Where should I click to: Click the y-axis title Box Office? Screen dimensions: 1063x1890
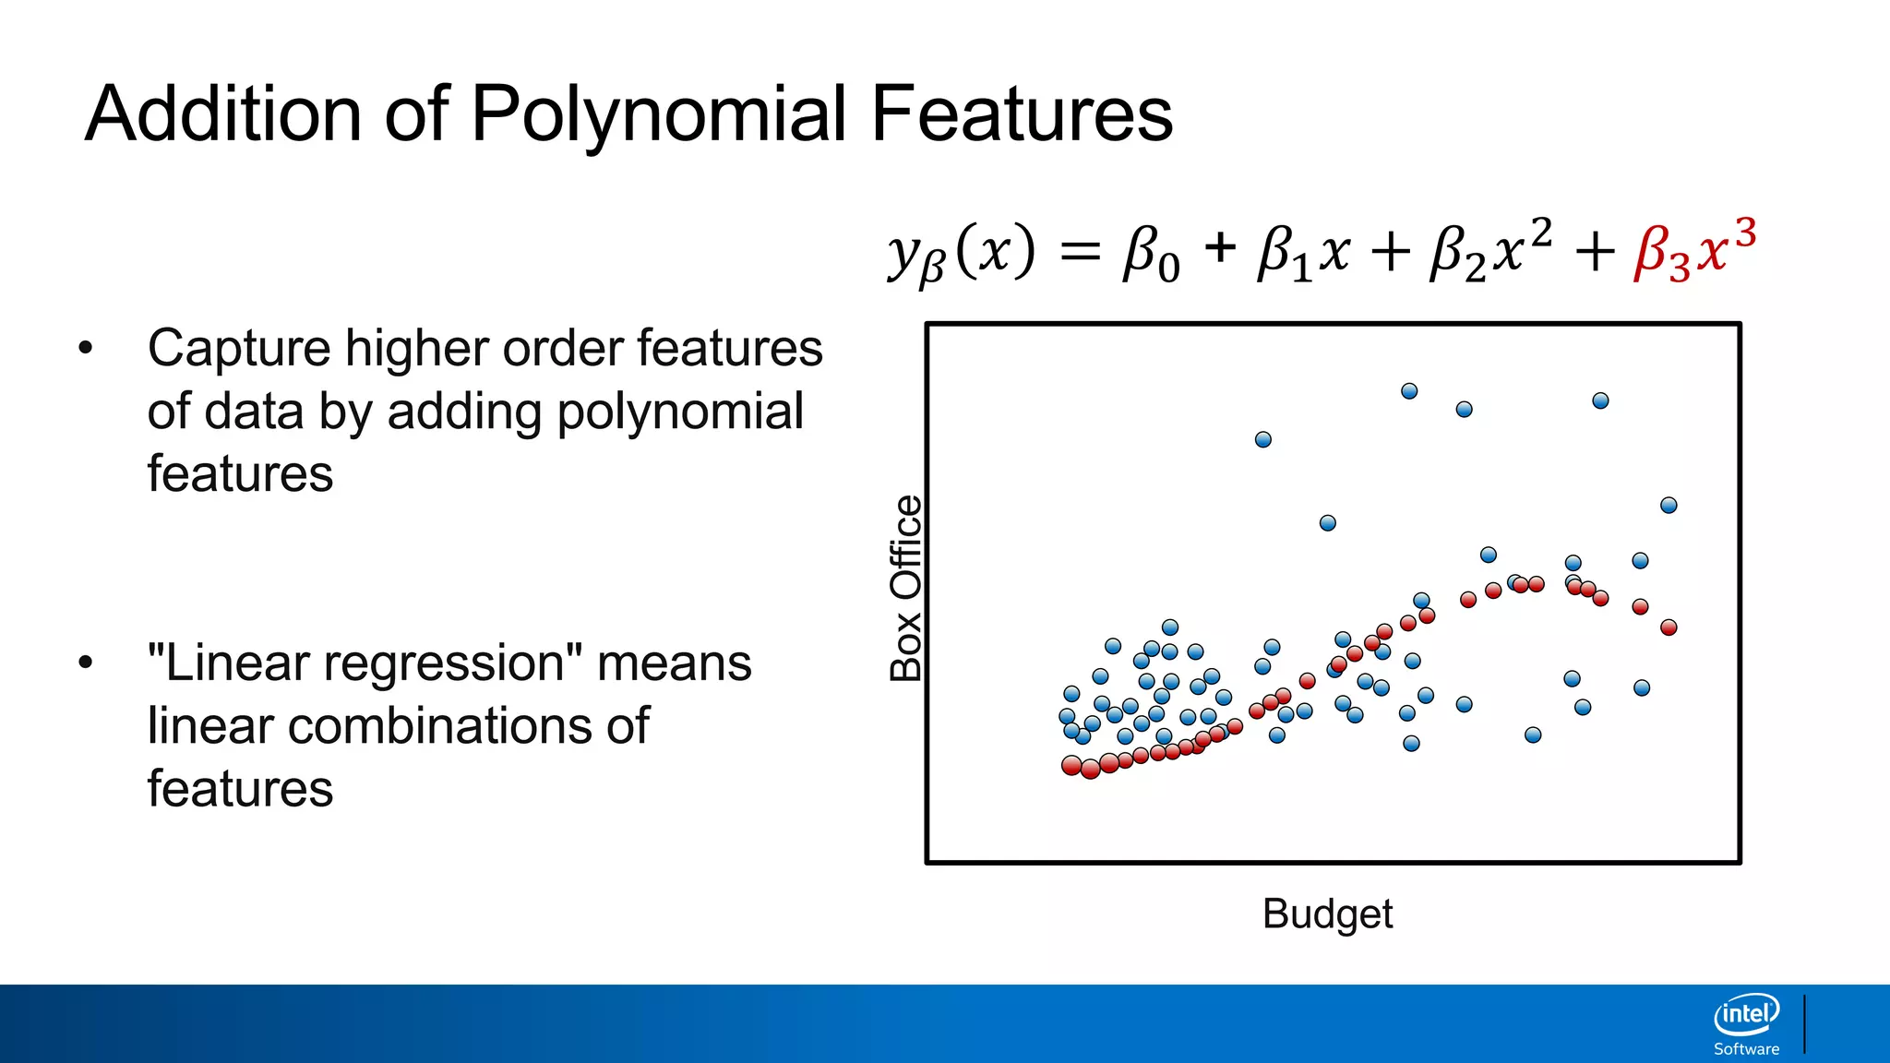click(x=906, y=588)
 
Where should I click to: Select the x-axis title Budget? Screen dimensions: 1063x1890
click(x=1327, y=914)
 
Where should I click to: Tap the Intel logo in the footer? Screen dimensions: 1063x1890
click(x=1746, y=1015)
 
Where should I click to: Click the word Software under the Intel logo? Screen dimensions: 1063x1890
click(x=1746, y=1049)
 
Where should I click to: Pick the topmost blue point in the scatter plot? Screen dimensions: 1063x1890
click(x=1409, y=391)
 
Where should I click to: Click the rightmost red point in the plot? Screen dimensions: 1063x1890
click(x=1669, y=627)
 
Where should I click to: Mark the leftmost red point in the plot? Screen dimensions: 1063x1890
click(x=1071, y=766)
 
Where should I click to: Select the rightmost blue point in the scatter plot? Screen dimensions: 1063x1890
click(x=1669, y=505)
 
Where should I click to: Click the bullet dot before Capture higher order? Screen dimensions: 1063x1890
click(x=86, y=349)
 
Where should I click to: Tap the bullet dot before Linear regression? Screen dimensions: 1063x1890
click(x=86, y=663)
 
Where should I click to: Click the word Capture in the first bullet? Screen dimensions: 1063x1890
click(x=239, y=349)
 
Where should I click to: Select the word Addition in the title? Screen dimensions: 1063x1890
click(x=222, y=114)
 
